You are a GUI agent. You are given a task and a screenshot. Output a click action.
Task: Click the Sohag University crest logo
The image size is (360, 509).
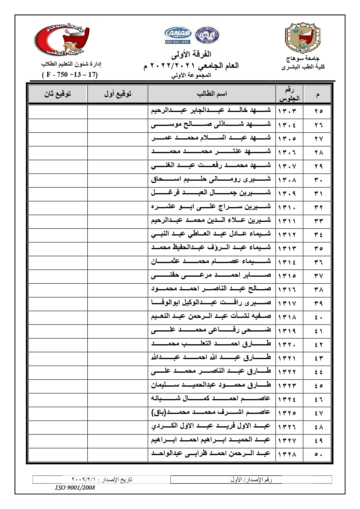point(303,37)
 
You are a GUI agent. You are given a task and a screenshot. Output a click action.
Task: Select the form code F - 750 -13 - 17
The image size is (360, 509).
point(70,75)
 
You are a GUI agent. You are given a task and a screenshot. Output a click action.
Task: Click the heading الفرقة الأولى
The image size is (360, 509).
point(191,54)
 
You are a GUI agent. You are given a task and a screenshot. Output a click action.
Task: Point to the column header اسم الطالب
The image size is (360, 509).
point(212,94)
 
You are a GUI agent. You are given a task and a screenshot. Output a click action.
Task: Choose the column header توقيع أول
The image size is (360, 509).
point(118,94)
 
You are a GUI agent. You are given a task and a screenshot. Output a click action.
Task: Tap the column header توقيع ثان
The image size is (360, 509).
point(57,94)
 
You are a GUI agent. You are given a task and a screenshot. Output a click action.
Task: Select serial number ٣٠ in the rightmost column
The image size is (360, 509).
point(318,180)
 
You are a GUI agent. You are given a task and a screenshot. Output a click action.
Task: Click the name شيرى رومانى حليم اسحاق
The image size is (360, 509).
point(211,179)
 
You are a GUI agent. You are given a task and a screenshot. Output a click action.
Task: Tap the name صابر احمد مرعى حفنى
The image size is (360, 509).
point(211,275)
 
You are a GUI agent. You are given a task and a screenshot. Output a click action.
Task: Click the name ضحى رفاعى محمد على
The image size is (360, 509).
point(211,330)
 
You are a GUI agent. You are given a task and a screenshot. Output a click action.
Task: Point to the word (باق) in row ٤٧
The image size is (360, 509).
point(158,412)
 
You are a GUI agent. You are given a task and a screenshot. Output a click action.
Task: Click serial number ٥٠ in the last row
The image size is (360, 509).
point(318,454)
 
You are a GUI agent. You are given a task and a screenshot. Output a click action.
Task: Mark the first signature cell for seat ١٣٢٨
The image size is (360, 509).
point(118,454)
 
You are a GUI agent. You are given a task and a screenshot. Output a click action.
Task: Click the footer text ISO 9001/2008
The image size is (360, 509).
point(75,488)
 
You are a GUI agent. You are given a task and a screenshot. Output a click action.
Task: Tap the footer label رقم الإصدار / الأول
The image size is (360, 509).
point(251,479)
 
